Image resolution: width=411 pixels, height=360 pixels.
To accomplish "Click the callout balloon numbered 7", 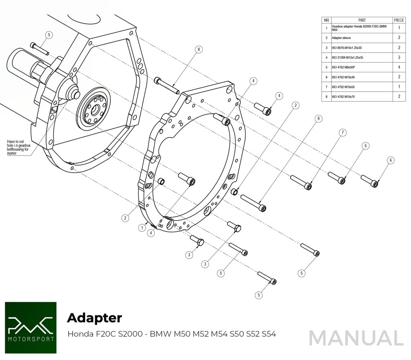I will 342,133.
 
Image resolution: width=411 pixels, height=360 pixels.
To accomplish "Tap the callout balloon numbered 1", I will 142,228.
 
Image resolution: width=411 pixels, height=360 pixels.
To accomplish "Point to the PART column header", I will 362,20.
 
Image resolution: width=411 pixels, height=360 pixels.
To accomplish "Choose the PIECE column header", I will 399,20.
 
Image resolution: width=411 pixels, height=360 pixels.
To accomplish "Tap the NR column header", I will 326,20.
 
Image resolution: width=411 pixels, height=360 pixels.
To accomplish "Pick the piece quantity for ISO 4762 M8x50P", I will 399,67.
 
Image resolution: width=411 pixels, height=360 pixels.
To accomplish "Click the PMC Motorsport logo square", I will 31,327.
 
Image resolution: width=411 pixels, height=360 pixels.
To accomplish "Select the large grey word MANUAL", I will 356,338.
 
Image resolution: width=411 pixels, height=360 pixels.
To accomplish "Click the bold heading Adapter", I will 94,318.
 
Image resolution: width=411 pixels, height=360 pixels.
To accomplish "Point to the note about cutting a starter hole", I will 18,147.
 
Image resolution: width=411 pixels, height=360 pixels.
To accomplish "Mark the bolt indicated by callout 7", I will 301,182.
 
